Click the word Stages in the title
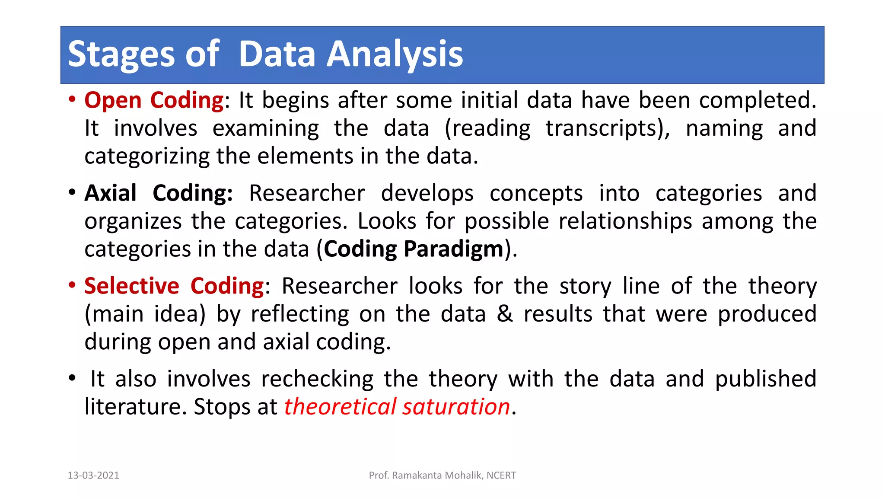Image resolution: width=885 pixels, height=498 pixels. (x=121, y=54)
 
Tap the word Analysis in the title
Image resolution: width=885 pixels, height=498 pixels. (x=394, y=54)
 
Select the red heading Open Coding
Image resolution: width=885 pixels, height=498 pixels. (x=154, y=100)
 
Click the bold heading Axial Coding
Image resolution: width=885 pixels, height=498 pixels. (x=158, y=193)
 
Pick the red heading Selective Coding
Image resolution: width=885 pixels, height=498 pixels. (x=174, y=286)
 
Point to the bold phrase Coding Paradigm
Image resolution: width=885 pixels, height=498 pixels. (x=414, y=249)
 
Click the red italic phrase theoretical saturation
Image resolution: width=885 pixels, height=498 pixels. (x=397, y=407)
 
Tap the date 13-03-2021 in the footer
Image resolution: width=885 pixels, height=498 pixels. (x=93, y=476)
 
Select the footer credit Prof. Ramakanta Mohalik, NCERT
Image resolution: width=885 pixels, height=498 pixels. (x=442, y=476)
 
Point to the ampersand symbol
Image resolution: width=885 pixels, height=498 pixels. (x=504, y=314)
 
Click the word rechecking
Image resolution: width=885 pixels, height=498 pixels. (x=317, y=379)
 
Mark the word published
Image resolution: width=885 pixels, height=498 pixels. (x=765, y=379)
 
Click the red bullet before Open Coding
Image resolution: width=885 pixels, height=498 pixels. (x=72, y=99)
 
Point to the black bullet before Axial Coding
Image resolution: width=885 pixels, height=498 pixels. (x=72, y=192)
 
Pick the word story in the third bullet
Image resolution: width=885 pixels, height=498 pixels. (x=585, y=286)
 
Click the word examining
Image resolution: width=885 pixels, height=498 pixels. (x=265, y=128)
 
